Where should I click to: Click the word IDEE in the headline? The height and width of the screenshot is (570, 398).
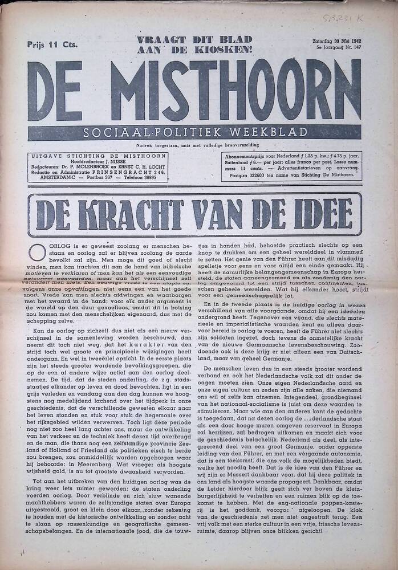[x=320, y=214]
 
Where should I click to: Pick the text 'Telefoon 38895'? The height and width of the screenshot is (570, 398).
[x=142, y=178]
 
